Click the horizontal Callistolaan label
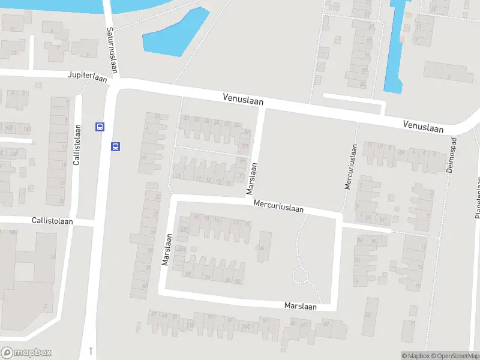[53, 221]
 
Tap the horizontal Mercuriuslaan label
[278, 206]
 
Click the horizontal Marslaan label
[300, 305]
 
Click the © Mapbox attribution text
[414, 356]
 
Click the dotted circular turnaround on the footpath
[301, 275]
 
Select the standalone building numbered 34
[261, 249]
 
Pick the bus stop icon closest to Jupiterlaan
[99, 127]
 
